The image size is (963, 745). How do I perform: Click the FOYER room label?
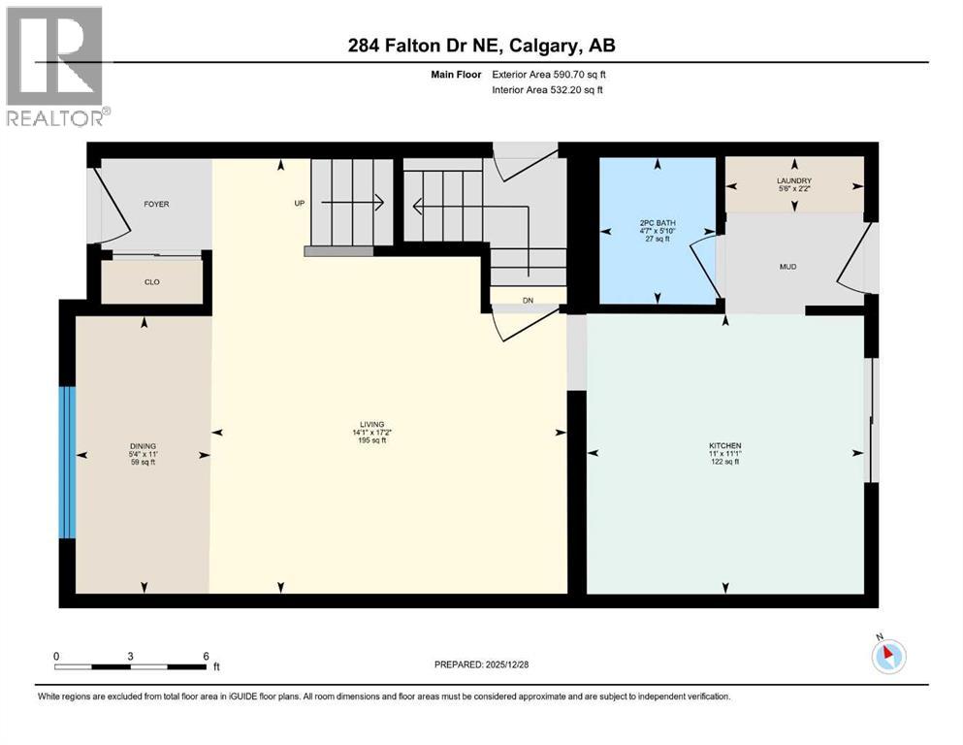156,205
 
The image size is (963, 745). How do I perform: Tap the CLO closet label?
152,282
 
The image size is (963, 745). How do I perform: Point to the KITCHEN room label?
723,446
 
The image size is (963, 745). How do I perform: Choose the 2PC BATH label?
658,223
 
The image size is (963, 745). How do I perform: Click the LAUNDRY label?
793,181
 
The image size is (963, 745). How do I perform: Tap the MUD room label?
786,266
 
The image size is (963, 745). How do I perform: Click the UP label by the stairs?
301,204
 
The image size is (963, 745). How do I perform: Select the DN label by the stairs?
528,301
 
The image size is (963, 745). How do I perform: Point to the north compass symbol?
888,656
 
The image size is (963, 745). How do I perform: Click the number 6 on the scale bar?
206,656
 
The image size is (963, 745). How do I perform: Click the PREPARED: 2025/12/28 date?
481,664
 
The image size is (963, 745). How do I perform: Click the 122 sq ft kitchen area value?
723,463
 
